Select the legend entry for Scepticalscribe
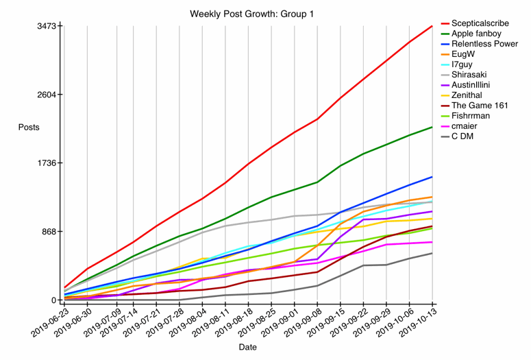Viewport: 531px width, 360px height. [480, 23]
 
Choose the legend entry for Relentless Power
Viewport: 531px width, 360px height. [484, 44]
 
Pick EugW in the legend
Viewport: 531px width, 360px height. [463, 54]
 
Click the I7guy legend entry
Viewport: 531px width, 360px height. [463, 64]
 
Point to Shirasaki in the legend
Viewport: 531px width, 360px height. [470, 75]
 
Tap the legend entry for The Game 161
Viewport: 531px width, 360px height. [480, 106]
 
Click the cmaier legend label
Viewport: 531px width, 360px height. [464, 126]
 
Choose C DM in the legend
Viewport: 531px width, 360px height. [462, 136]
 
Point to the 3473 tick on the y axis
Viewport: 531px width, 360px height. [47, 26]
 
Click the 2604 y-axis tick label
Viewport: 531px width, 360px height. [47, 95]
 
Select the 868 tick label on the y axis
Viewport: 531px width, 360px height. [49, 232]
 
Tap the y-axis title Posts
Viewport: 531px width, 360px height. [29, 128]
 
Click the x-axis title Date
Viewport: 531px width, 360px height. [248, 347]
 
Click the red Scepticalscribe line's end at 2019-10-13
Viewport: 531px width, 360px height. [432, 26]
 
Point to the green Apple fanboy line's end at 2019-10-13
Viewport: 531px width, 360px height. [432, 127]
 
